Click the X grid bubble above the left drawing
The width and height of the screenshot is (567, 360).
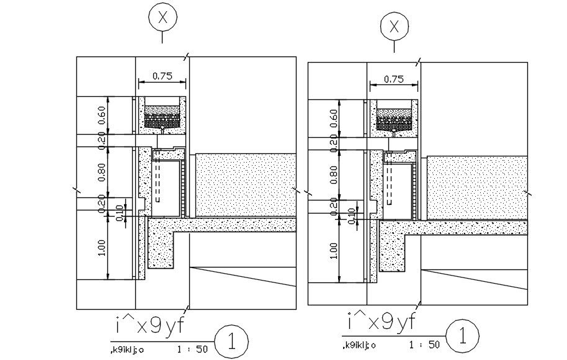click(x=163, y=17)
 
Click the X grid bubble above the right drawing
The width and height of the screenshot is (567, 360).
click(x=394, y=27)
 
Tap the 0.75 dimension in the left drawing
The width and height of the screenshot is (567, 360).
click(x=162, y=76)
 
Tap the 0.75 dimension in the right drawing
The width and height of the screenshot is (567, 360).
click(x=394, y=79)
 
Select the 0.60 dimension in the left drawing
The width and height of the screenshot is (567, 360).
click(x=102, y=115)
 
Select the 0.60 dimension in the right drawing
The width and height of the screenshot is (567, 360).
click(x=334, y=118)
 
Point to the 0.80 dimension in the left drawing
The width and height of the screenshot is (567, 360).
click(x=102, y=175)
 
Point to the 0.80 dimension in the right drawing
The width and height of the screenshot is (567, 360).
click(x=334, y=176)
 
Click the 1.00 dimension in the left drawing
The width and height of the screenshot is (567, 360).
click(x=102, y=247)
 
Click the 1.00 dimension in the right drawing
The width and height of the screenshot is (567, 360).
click(x=334, y=250)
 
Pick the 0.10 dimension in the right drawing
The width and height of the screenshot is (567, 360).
click(x=352, y=214)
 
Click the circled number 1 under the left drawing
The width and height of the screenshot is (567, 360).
click(x=231, y=341)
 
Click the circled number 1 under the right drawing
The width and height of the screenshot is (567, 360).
click(x=462, y=336)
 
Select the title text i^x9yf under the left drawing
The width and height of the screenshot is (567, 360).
click(x=149, y=325)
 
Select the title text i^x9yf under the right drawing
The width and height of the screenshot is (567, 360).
click(x=380, y=322)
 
